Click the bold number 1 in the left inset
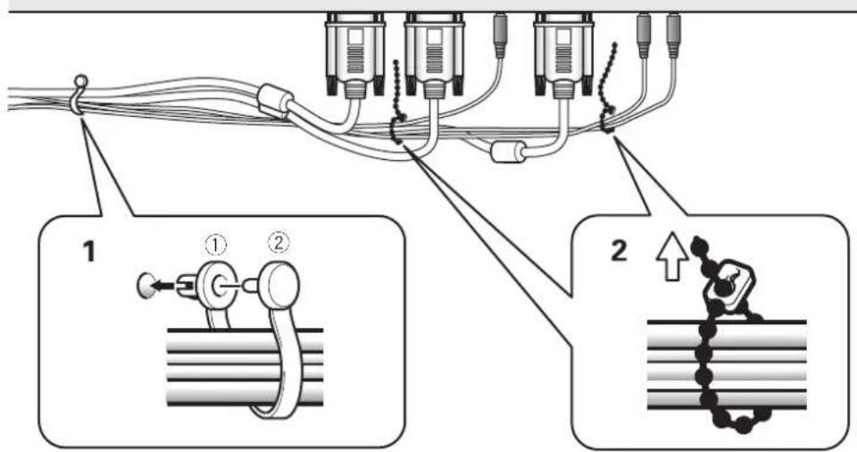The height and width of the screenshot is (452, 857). (x=88, y=252)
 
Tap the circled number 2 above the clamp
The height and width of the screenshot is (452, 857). (x=279, y=242)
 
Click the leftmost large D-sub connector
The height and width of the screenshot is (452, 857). (x=355, y=54)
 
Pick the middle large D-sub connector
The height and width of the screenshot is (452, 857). (x=435, y=54)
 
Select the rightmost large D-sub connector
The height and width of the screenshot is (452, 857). (x=563, y=54)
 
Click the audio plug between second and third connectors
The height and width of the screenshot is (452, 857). (x=500, y=36)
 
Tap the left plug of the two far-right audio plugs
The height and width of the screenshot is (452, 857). (x=644, y=36)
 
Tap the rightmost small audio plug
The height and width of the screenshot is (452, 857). (x=673, y=36)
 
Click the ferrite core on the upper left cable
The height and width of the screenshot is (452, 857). (x=276, y=101)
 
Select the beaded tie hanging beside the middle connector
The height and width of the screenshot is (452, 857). (x=397, y=104)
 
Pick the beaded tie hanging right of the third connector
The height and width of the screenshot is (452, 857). (x=607, y=88)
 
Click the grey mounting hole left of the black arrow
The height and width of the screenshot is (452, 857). (x=144, y=286)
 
